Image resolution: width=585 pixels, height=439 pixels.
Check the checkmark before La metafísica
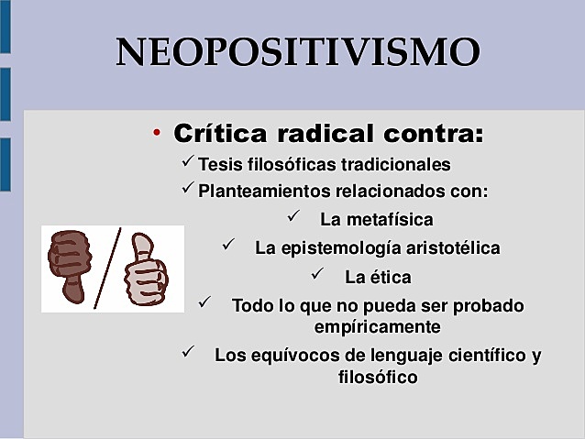tap(293, 217)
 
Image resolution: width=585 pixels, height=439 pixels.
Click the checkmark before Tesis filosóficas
tap(183, 162)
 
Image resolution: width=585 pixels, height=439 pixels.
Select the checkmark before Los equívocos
tap(189, 352)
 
